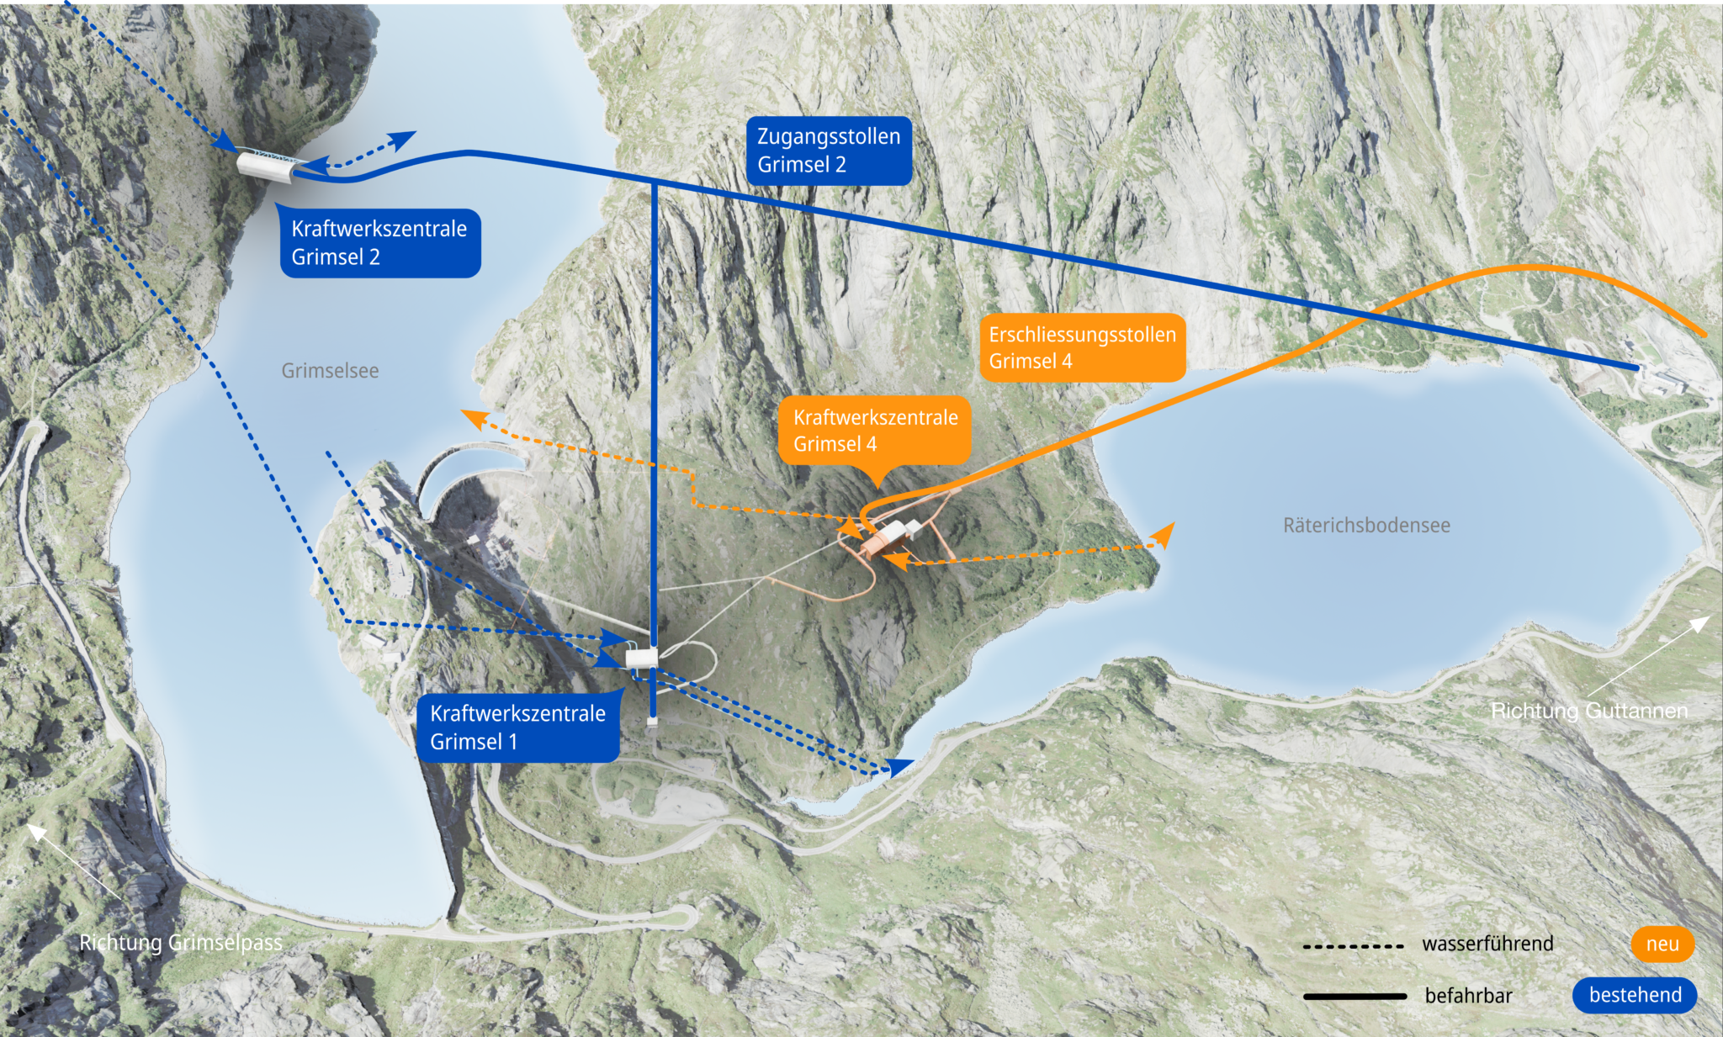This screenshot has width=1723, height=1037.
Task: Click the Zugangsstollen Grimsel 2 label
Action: tap(829, 151)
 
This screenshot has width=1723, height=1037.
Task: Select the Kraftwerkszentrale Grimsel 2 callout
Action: tap(379, 243)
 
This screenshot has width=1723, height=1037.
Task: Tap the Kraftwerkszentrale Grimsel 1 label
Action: tap(518, 727)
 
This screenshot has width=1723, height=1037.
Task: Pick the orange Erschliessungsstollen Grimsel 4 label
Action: tap(1082, 347)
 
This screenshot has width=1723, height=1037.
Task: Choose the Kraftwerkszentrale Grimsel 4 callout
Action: tap(875, 431)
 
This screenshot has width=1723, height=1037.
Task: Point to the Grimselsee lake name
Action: tap(330, 371)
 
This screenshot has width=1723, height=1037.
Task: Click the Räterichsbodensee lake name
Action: tap(1366, 526)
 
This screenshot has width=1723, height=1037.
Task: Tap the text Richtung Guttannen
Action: tap(1589, 711)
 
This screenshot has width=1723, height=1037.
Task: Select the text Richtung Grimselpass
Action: tap(181, 943)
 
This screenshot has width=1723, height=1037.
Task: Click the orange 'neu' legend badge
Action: tap(1662, 944)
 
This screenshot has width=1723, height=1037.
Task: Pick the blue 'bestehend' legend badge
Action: tap(1635, 995)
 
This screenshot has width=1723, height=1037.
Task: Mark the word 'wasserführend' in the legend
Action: tap(1487, 944)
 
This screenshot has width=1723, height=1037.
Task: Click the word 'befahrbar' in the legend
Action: tap(1468, 996)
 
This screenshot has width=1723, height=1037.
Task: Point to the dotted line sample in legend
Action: tap(1353, 946)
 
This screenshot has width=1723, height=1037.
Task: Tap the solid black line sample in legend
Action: tap(1355, 997)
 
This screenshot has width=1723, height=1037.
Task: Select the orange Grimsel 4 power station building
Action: tap(883, 539)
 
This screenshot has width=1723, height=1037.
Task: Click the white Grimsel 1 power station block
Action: tap(642, 657)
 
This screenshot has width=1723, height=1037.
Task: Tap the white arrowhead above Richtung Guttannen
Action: tap(1701, 623)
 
